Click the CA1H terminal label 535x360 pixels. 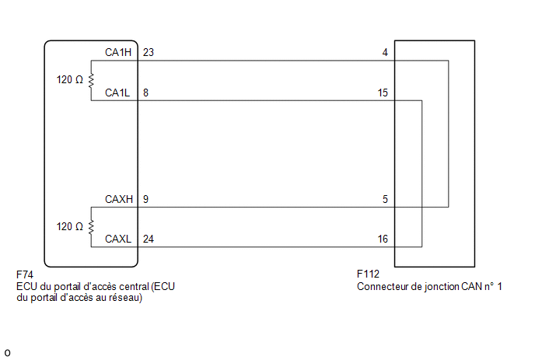(x=118, y=52)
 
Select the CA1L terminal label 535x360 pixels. (x=117, y=93)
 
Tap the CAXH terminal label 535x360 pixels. (x=119, y=199)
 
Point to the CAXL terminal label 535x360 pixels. (x=118, y=239)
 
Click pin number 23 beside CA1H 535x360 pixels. (x=149, y=52)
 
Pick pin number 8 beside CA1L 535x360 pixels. (x=145, y=93)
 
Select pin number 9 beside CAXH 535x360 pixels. (x=145, y=199)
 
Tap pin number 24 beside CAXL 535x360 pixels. (x=149, y=239)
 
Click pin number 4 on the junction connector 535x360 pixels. (x=385, y=52)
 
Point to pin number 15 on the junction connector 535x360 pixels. (x=383, y=93)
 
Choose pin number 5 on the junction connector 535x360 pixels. (x=385, y=199)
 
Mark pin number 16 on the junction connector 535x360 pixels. (x=383, y=239)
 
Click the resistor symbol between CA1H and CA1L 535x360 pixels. (x=91, y=81)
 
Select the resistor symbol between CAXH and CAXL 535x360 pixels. (x=91, y=227)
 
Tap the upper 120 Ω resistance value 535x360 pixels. (x=70, y=80)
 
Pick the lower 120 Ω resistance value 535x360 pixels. (x=70, y=226)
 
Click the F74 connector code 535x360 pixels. (x=25, y=274)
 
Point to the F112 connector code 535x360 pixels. (x=368, y=274)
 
